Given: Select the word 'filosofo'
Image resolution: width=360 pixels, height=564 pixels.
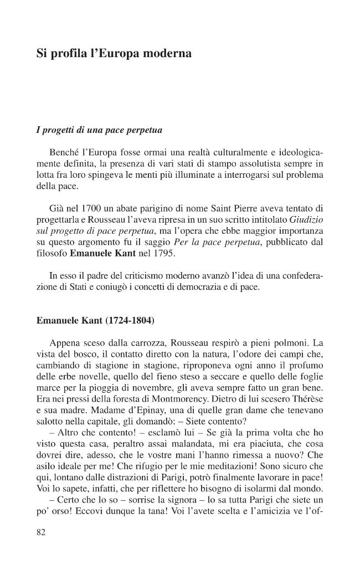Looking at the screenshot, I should click(52, 253).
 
